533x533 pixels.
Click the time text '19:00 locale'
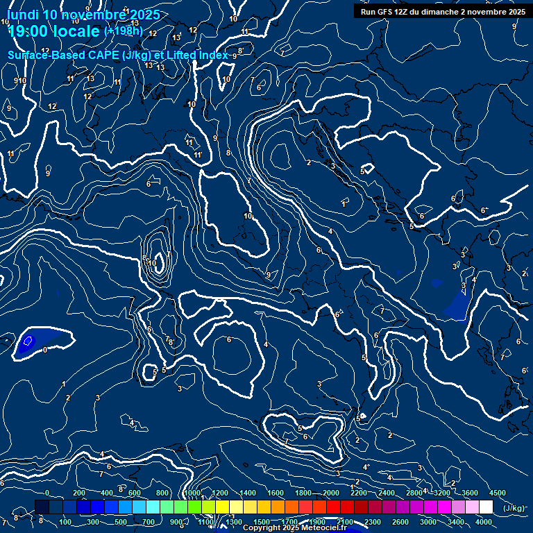54,31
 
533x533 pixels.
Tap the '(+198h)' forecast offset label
123,31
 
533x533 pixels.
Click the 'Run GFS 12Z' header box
443,12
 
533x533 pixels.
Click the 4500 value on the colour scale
498,493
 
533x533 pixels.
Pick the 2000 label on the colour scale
331,493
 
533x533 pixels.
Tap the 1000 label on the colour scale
192,493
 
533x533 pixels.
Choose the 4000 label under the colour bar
484,522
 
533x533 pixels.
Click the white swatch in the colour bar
486,507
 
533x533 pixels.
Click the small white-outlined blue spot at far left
28,341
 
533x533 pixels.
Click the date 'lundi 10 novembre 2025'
83,15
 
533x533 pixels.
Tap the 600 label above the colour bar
135,493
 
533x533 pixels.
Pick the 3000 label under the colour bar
428,522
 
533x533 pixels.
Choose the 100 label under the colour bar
66,522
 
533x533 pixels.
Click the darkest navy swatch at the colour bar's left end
42,507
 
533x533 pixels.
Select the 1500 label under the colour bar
262,522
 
